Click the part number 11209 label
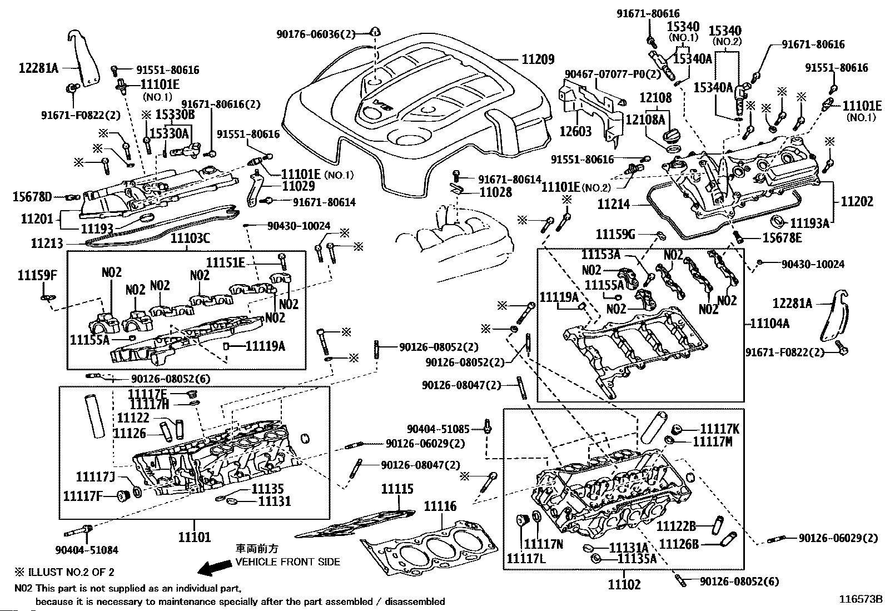[538, 59]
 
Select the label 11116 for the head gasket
[440, 506]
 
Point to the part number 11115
[397, 489]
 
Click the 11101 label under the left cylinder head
[195, 538]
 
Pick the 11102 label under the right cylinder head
[624, 584]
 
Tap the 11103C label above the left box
[190, 238]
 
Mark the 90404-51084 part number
[87, 550]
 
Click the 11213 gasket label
[48, 243]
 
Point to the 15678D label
[32, 196]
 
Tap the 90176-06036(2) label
[315, 34]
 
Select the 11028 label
[496, 192]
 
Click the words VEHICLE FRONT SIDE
[287, 562]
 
